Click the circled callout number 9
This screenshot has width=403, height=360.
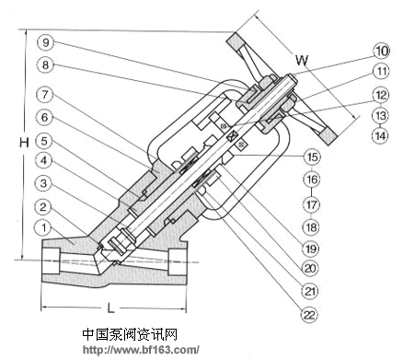(x=46, y=42)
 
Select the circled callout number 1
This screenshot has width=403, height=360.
(x=44, y=227)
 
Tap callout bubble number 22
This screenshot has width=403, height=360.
(x=309, y=315)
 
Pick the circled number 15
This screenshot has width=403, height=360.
(x=312, y=157)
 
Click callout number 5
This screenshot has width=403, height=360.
(x=44, y=142)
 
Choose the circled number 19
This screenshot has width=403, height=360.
(x=311, y=249)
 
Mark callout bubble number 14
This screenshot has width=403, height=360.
(x=380, y=135)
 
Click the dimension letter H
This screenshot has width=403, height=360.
(x=24, y=143)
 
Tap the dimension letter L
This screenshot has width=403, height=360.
(x=110, y=308)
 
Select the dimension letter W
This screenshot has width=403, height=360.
(x=302, y=60)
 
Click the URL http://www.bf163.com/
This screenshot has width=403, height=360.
(x=141, y=350)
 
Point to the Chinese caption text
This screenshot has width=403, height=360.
(x=130, y=334)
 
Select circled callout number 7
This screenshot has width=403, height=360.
(x=45, y=94)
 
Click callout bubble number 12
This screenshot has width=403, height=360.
(x=381, y=95)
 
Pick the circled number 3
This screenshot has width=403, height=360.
(x=43, y=183)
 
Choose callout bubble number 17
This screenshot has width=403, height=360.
(x=311, y=204)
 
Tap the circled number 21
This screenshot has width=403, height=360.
(x=310, y=291)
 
